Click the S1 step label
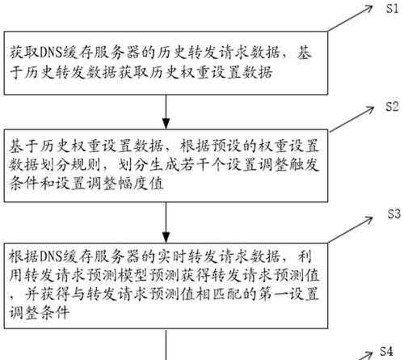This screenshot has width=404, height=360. coord(392,9)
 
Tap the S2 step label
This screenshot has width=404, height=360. coord(392,107)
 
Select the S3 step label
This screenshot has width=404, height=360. coord(394,214)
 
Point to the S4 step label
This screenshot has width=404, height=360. coord(386,351)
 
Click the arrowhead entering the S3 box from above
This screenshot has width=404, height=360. coord(166,237)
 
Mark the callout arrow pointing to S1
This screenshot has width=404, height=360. coord(351,18)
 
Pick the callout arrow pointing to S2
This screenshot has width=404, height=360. coord(351,119)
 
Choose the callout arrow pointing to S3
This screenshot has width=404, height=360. coord(351,230)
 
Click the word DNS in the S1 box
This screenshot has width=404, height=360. coord(51,53)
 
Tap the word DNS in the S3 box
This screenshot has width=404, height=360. coord(51,256)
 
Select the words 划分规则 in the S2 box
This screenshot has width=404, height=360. coord(71,165)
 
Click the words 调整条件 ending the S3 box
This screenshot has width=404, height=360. coord(39,313)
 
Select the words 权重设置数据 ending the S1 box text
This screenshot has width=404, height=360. coord(226,72)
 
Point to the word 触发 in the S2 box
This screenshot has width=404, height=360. coord(304,165)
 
